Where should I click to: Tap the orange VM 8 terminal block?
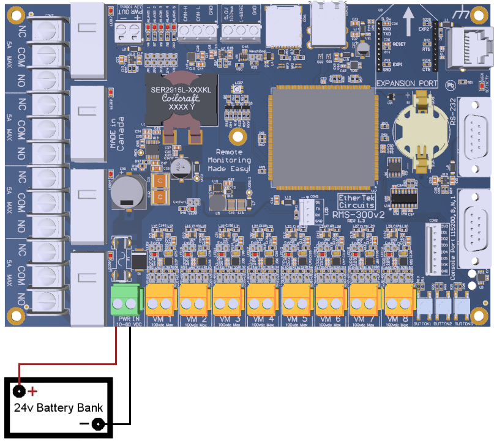pyautogui.click(x=400, y=298)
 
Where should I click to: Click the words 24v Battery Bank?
pyautogui.click(x=58, y=408)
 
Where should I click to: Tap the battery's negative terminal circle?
pyautogui.click(x=97, y=424)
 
